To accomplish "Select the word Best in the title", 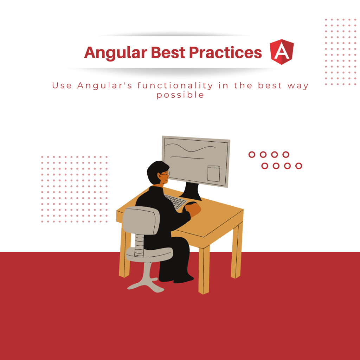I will [x=168, y=52].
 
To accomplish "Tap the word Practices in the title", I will [x=225, y=52].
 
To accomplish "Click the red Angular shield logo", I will [x=282, y=52].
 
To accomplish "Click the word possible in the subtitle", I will [x=180, y=95].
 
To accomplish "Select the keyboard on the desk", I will [x=175, y=201].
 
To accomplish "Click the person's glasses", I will [x=165, y=174].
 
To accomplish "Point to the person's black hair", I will [x=155, y=168].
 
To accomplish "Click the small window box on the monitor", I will [x=213, y=174].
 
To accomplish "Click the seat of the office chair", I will [x=149, y=253].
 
